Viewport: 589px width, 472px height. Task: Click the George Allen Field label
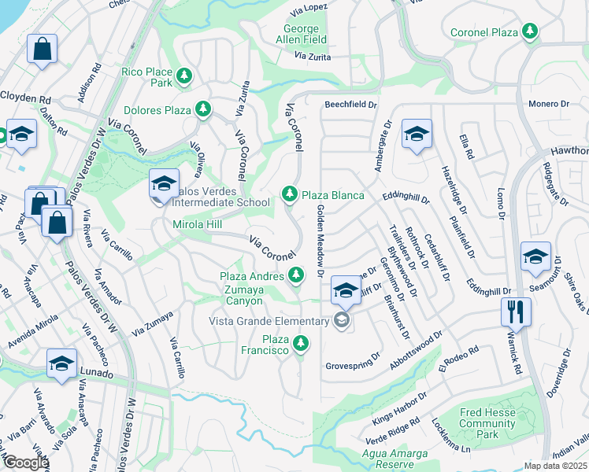click(301, 35)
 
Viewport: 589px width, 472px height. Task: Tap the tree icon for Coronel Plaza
click(532, 31)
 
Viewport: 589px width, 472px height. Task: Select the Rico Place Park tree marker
click(183, 76)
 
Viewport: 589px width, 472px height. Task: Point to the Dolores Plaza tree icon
click(203, 109)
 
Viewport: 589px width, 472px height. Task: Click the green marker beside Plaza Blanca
click(290, 194)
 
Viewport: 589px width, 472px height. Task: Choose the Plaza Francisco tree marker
click(299, 344)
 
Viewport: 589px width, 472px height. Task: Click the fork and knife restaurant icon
click(516, 310)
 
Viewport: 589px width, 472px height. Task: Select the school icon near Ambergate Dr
click(416, 133)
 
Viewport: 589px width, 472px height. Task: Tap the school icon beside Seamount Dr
click(535, 256)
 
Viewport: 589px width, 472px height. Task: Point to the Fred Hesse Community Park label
click(487, 423)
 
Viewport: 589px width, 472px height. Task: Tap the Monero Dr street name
click(548, 104)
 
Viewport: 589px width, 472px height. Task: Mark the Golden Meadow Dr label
click(320, 241)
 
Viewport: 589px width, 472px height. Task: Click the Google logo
click(26, 463)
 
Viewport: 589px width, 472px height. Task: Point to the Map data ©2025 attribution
click(555, 466)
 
